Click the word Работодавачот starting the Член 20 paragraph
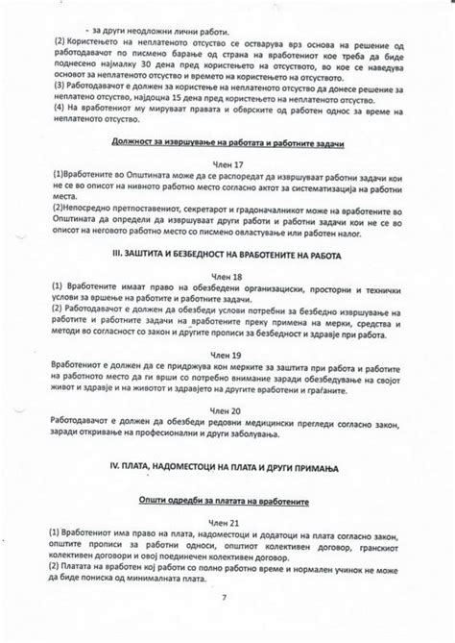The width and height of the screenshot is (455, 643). point(87,428)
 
